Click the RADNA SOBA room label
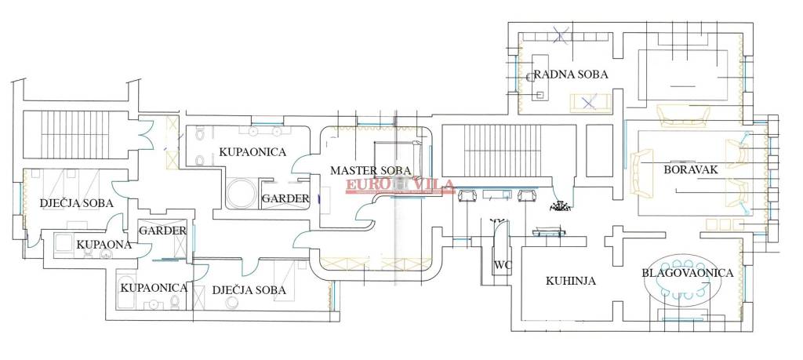coord(571,75)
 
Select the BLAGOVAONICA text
coord(687,273)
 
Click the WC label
coord(502,264)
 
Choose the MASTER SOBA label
coord(371,170)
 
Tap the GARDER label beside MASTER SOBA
coord(285,198)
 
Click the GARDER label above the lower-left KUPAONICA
coord(162,231)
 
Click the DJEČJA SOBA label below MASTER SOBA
coord(249,290)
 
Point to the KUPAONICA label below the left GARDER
coord(154,288)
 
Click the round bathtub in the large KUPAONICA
coord(242,192)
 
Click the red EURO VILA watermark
coord(387,185)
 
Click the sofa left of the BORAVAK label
coord(641,173)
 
